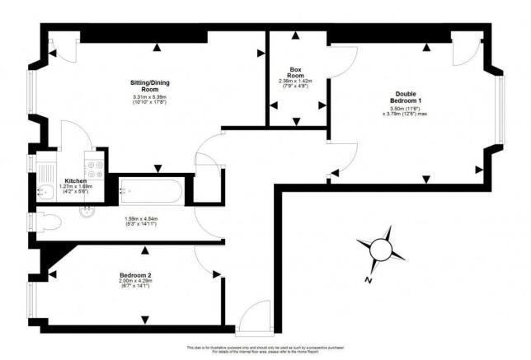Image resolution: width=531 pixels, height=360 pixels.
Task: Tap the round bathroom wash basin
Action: click(88, 209)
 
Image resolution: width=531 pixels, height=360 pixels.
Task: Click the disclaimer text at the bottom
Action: click(265, 350)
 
